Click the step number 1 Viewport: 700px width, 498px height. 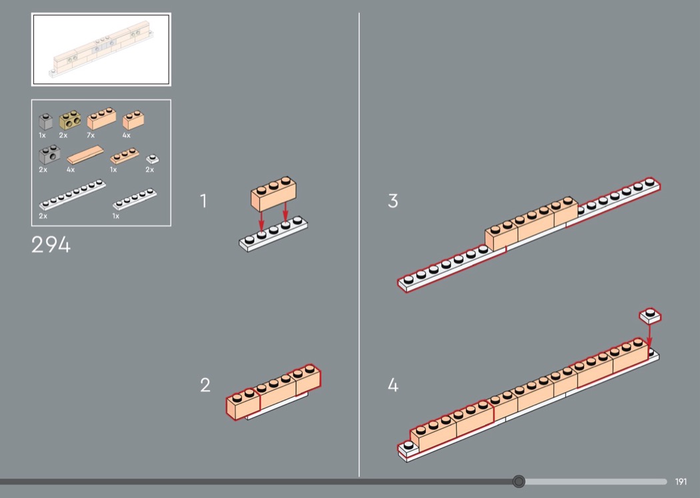pyautogui.click(x=203, y=201)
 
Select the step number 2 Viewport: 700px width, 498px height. pyautogui.click(x=205, y=385)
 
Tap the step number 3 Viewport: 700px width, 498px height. pyautogui.click(x=393, y=201)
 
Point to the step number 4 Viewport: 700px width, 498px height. pyautogui.click(x=393, y=385)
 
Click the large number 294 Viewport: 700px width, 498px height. pyautogui.click(x=51, y=244)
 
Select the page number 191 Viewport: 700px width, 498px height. pyautogui.click(x=681, y=481)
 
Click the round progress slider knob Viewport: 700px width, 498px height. pyautogui.click(x=519, y=481)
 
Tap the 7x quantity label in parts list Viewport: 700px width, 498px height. pyautogui.click(x=91, y=135)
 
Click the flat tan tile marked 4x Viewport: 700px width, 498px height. pyautogui.click(x=85, y=155)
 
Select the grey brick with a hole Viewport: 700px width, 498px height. pyautogui.click(x=49, y=155)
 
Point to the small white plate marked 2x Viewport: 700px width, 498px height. pyautogui.click(x=152, y=159)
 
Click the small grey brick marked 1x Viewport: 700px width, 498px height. pyautogui.click(x=45, y=121)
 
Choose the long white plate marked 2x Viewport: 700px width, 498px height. pyautogui.click(x=72, y=195)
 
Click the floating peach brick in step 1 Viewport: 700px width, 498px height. pyautogui.click(x=273, y=194)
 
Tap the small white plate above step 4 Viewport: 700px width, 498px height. pyautogui.click(x=651, y=316)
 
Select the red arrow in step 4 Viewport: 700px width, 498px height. pyautogui.click(x=649, y=335)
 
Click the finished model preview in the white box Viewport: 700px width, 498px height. pyautogui.click(x=101, y=49)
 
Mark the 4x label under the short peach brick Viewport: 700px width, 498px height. pyautogui.click(x=127, y=135)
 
